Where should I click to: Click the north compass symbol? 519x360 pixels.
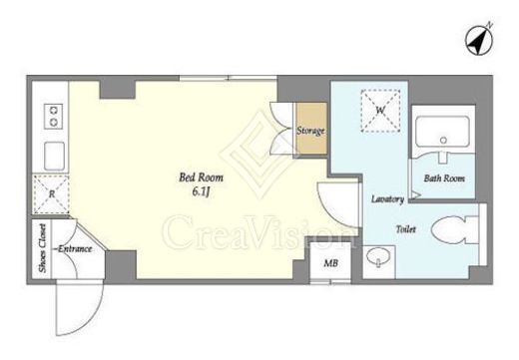[x=479, y=41]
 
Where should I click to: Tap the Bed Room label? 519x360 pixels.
[x=201, y=178]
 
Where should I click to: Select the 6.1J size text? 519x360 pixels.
[x=202, y=192]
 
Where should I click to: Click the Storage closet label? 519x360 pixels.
[x=310, y=131]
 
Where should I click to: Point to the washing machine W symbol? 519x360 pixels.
[x=380, y=111]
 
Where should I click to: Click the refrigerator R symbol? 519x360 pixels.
[x=51, y=194]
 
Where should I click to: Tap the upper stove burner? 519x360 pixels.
[x=54, y=110]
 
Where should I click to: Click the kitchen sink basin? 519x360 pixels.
[x=54, y=156]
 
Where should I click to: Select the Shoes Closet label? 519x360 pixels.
[x=42, y=248]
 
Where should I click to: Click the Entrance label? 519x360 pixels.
[x=75, y=248]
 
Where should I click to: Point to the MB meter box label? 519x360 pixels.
[x=330, y=263]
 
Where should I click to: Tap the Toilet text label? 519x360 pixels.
[x=406, y=229]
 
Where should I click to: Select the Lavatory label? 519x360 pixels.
[x=387, y=199]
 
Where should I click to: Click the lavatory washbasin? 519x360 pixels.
[x=378, y=257]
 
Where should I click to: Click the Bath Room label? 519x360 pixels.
[x=444, y=179]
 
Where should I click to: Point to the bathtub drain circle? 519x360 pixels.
[x=443, y=141]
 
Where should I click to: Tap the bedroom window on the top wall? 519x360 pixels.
[x=229, y=79]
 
